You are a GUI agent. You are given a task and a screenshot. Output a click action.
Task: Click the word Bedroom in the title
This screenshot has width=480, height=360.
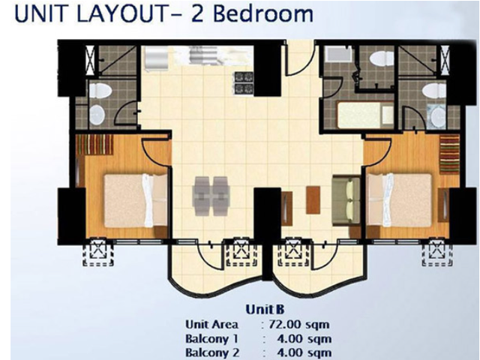[262, 13]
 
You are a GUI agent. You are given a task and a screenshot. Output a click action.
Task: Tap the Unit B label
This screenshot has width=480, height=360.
[265, 310]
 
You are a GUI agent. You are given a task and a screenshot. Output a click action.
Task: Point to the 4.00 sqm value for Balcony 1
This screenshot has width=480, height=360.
[303, 339]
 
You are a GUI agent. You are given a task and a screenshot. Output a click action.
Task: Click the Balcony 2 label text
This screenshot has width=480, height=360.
[212, 352]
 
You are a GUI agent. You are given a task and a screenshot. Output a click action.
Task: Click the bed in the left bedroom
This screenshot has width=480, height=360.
[136, 200]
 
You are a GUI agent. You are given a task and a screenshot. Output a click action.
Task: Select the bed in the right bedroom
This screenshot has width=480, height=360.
[400, 200]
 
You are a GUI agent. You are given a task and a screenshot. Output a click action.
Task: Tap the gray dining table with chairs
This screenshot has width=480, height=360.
[211, 196]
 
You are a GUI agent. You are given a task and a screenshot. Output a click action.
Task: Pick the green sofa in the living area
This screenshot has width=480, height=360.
[346, 200]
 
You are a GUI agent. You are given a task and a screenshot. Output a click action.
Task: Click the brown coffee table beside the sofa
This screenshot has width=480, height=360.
[313, 200]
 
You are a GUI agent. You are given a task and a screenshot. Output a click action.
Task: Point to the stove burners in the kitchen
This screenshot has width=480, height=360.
[244, 82]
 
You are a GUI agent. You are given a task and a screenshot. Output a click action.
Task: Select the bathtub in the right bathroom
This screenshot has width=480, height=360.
[365, 115]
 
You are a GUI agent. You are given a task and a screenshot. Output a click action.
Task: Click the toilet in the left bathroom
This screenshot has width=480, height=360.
[100, 91]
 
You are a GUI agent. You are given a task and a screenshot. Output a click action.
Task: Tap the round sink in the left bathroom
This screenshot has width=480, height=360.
[97, 115]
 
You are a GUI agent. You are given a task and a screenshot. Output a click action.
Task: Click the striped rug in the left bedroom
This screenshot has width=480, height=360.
[95, 145]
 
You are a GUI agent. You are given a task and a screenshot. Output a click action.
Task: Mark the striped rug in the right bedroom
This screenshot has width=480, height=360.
[449, 154]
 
